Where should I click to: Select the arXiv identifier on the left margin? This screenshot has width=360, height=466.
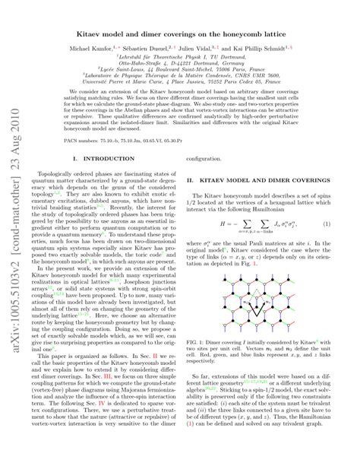(13, 236)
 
